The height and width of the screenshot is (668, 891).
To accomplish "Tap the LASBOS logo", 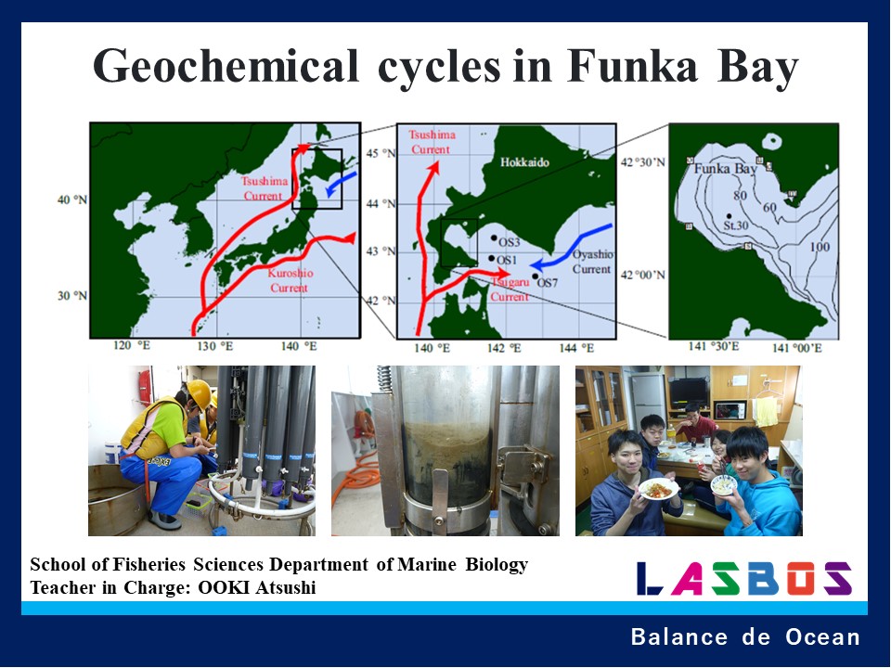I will pyautogui.click(x=743, y=579).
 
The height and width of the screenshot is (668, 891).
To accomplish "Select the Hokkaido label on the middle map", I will pyautogui.click(x=525, y=161).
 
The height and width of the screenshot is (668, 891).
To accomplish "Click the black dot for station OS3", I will pyautogui.click(x=494, y=238).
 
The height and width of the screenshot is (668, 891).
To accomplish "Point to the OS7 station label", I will pyautogui.click(x=549, y=282).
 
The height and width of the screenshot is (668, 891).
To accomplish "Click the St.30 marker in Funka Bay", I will pyautogui.click(x=729, y=216).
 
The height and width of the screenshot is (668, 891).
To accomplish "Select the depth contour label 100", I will pyautogui.click(x=820, y=247).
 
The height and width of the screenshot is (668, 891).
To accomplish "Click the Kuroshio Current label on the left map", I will pyautogui.click(x=289, y=281).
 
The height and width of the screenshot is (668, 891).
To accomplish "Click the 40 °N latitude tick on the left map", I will pyautogui.click(x=71, y=199).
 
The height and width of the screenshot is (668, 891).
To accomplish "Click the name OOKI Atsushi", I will pyautogui.click(x=257, y=587).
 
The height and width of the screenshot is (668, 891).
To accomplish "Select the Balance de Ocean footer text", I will pyautogui.click(x=744, y=637).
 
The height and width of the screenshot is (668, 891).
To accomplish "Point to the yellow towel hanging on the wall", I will pyautogui.click(x=766, y=409).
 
